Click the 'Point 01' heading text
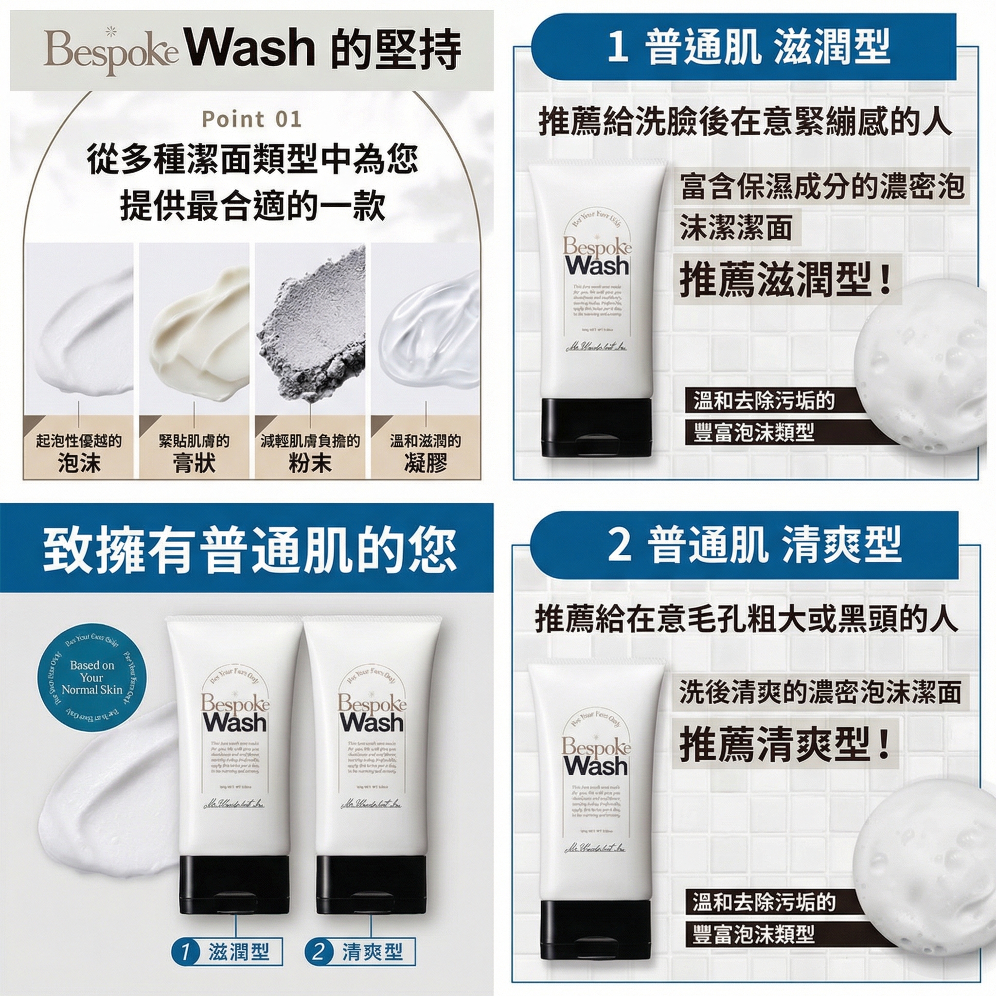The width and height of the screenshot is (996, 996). [x=251, y=120]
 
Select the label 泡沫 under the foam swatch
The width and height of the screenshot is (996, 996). [x=79, y=463]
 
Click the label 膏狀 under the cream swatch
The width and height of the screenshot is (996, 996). [x=194, y=463]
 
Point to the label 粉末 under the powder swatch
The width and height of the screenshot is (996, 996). [x=310, y=463]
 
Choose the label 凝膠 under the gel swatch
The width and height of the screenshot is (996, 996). [x=426, y=463]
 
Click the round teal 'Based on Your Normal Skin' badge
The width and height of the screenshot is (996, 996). [x=92, y=677]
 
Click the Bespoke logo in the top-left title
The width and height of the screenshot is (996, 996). [x=111, y=53]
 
